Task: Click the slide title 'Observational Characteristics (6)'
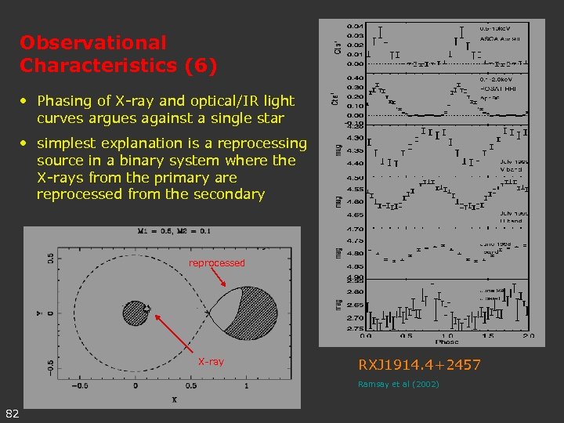117,53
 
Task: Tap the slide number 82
12,414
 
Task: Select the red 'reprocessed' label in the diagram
217,263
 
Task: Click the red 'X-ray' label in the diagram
211,362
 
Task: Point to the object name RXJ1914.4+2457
419,365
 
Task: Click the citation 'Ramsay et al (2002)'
398,384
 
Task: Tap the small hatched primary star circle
136,312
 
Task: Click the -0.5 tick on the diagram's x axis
79,386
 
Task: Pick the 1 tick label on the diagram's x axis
246,386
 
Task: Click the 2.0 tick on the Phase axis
529,334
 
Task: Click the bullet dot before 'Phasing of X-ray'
25,101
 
